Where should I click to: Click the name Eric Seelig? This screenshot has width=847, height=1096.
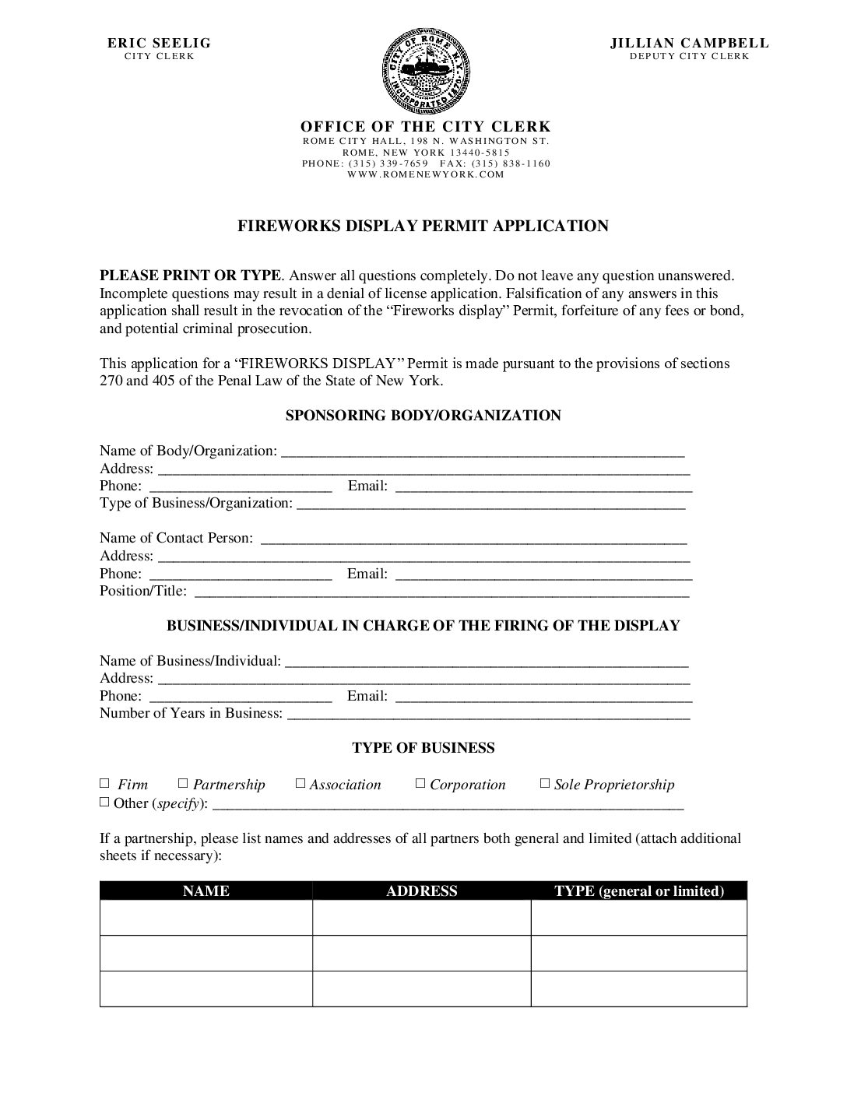(160, 44)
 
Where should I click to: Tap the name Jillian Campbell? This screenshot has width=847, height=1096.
(689, 44)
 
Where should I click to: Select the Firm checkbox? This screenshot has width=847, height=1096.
(105, 783)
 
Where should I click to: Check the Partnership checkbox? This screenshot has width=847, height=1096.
(184, 783)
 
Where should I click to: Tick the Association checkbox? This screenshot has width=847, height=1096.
(300, 783)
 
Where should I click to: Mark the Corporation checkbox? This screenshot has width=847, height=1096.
(420, 783)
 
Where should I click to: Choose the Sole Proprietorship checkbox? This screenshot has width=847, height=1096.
(545, 783)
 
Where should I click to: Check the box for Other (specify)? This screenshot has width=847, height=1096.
(105, 802)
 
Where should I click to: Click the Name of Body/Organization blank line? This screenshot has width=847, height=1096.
(483, 451)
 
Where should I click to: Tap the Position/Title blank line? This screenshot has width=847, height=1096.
(441, 592)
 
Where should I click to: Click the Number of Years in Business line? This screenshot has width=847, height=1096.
(488, 715)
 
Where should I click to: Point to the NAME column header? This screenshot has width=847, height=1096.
(206, 891)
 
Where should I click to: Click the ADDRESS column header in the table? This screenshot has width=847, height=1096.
(422, 891)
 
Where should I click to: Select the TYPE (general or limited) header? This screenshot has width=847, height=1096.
(639, 891)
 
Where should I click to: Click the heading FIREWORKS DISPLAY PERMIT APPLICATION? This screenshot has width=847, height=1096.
(423, 227)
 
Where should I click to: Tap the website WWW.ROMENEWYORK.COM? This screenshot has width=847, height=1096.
(426, 174)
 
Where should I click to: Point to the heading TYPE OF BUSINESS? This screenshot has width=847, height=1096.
(423, 748)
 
